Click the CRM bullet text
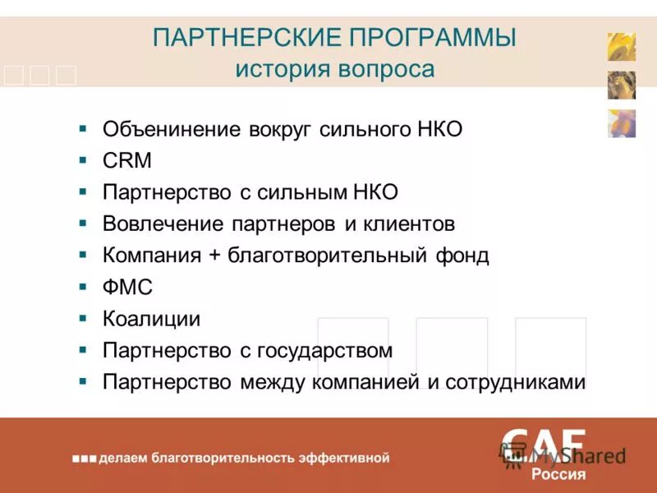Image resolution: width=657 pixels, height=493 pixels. click(127, 161)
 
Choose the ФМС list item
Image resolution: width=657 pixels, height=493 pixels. click(128, 288)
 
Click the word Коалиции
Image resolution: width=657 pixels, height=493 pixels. click(152, 319)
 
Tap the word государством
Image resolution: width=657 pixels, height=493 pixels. click(325, 351)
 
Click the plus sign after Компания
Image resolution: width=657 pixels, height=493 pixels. click(214, 256)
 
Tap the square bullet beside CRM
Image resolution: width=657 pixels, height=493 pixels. click(83, 161)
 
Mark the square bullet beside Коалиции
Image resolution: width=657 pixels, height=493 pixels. click(83, 319)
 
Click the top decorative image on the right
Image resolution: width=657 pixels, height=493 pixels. click(622, 47)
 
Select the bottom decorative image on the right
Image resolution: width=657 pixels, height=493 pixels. click(622, 123)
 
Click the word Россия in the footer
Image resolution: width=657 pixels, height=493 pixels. click(558, 474)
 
